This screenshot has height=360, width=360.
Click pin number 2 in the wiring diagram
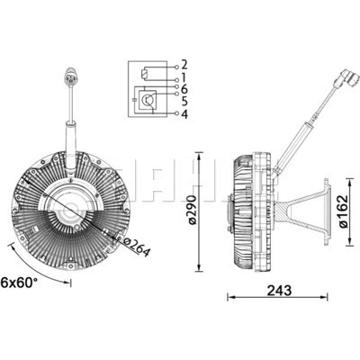pos(184,65)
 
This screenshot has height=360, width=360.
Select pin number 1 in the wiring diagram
pos(184,77)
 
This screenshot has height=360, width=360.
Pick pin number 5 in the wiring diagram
pos(184,101)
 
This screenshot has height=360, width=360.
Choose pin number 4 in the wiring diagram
pos(184,113)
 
